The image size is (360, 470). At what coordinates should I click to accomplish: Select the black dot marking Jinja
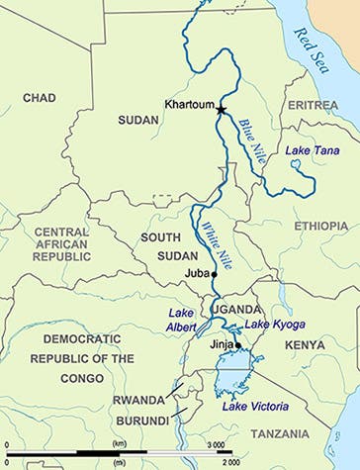[x=238, y=345]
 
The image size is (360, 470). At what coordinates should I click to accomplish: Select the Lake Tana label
[x=309, y=150]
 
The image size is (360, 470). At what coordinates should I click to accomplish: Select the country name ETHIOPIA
[x=319, y=227]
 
